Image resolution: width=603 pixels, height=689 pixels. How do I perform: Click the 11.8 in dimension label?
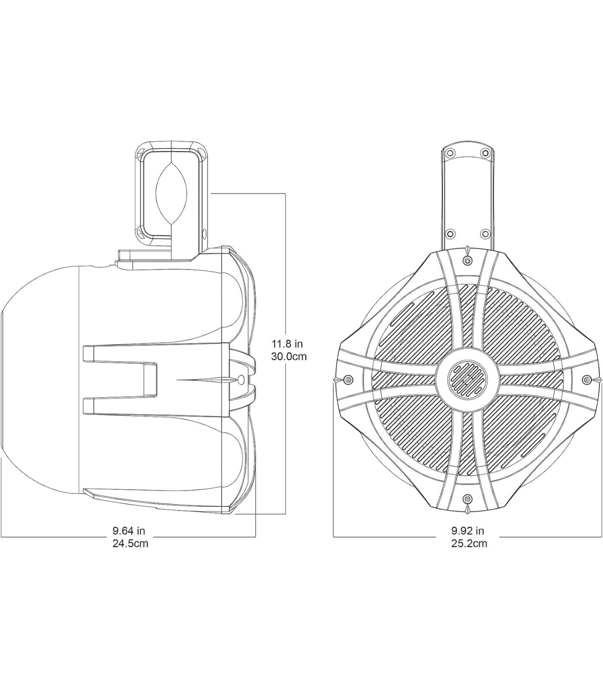[x=287, y=344]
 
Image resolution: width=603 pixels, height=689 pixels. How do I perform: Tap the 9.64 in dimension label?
[x=129, y=531]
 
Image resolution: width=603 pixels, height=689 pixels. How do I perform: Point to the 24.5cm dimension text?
[x=130, y=543]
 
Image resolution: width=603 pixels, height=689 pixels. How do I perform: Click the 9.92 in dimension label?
[x=468, y=531]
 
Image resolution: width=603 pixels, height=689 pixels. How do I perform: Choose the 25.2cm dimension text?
[x=469, y=543]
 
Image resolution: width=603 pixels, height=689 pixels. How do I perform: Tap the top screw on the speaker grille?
[x=467, y=260]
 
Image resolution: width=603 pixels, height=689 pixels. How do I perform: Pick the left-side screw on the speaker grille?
[x=348, y=380]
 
